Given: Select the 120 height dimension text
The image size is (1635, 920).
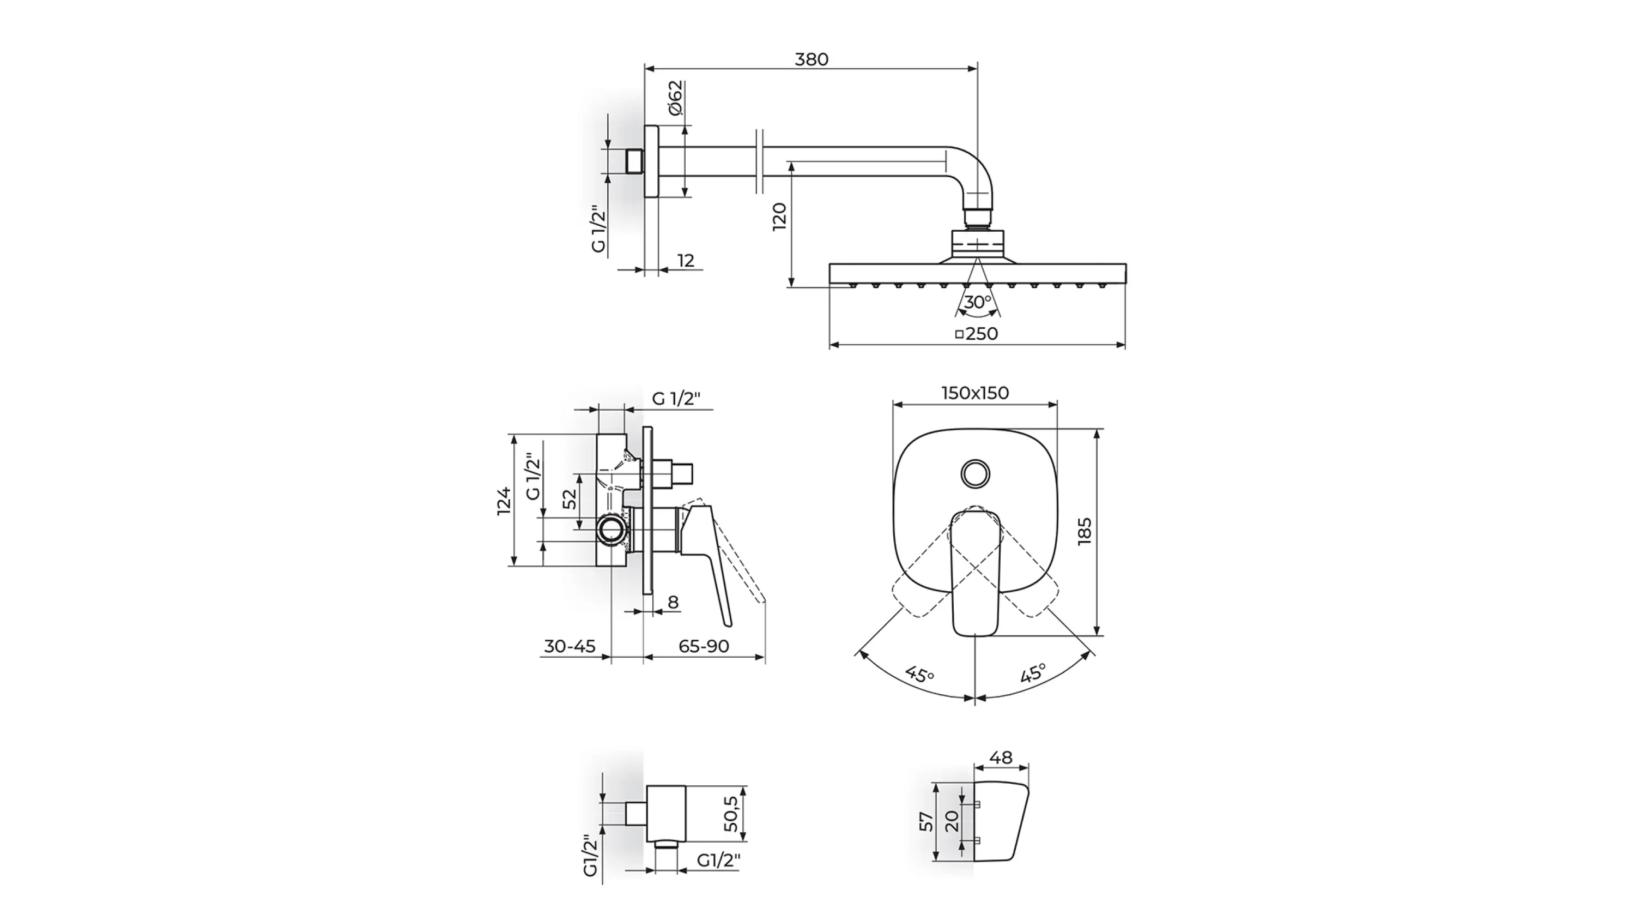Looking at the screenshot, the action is pos(779,217).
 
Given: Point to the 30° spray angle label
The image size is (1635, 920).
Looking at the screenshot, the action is pos(977,302).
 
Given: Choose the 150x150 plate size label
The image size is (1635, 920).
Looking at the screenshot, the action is pos(975,393).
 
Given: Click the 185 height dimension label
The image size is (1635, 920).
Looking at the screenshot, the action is pos(1084,531).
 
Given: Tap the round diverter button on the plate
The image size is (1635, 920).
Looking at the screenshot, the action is pos(975,474).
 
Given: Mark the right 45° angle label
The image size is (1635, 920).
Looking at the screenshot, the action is pos(1033,673).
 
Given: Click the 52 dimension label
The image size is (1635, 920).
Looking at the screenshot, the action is pos(570,499).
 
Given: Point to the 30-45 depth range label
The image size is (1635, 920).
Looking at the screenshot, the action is pos(570,646).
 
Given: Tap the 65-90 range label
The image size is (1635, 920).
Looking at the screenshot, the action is pos(704,646).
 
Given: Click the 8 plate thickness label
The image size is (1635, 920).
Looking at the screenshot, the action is pos(674,602).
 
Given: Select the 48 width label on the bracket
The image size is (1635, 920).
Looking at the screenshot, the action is pos(1001,757).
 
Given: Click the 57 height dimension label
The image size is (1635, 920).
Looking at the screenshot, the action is pos(927,822).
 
